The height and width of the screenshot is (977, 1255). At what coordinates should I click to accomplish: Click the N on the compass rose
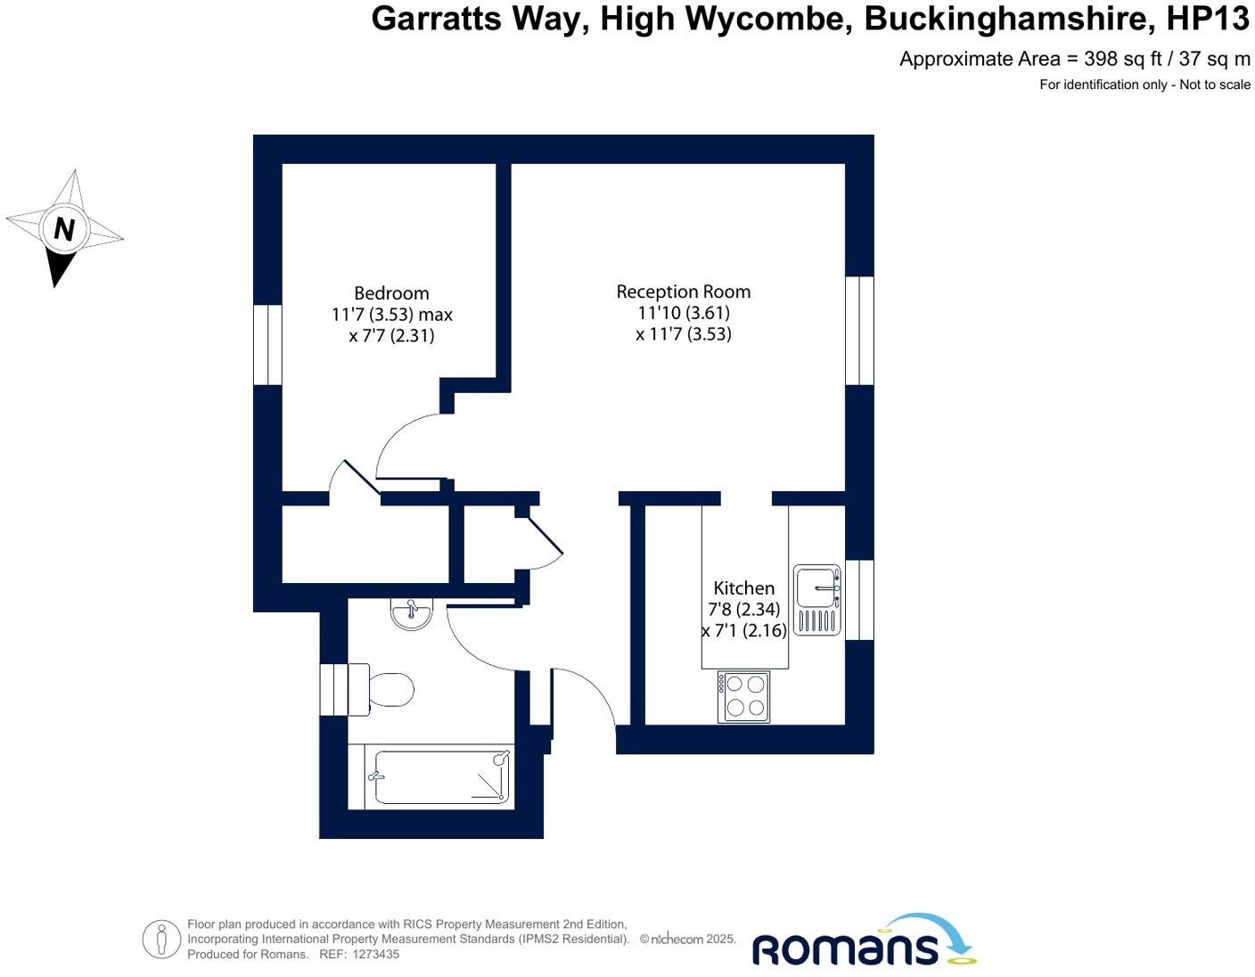click(64, 229)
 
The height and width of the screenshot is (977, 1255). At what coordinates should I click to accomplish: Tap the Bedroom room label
click(391, 293)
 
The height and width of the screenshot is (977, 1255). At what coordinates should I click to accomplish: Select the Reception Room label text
click(683, 291)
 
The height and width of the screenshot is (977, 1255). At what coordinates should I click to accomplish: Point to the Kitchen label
click(743, 588)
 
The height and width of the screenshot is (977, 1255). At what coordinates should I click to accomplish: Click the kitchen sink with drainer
click(816, 599)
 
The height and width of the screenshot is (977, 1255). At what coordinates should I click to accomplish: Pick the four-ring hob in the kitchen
click(744, 696)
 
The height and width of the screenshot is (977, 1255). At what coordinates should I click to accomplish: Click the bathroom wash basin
click(411, 614)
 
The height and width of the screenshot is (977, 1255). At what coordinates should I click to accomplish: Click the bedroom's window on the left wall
click(267, 345)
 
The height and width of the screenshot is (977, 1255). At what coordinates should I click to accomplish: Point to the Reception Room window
click(859, 331)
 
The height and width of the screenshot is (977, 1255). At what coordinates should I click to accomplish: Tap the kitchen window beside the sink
click(859, 600)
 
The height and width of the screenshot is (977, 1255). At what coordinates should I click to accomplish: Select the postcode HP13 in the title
click(1208, 19)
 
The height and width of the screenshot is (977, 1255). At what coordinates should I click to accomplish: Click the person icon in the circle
click(161, 940)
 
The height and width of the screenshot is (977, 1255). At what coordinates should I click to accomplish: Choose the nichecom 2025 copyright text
click(688, 940)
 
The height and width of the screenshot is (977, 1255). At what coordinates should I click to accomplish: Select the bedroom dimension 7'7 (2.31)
click(391, 336)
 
